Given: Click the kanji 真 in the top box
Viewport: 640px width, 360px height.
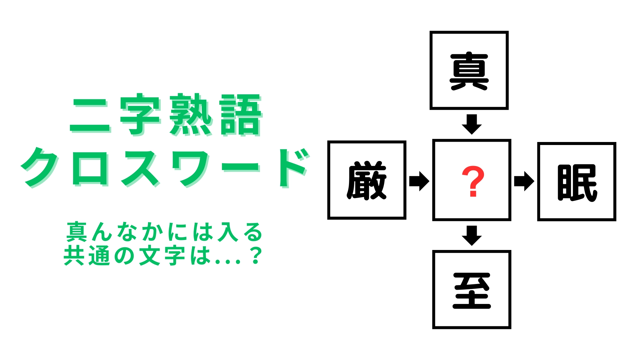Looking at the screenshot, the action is coord(469,71).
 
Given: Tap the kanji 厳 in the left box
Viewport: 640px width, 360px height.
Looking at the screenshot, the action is coord(367,180).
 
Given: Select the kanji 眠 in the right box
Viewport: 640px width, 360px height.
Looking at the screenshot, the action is coord(577,182).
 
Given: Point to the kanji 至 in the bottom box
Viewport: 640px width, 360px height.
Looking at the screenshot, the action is coord(472,290).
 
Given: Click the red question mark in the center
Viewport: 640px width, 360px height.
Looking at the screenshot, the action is coord(472,181).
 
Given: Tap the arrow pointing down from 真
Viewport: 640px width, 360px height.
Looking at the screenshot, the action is coord(472,124).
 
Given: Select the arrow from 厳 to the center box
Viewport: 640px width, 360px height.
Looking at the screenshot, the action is coord(419,181).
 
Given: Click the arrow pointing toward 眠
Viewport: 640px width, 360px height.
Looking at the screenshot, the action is coord(524,181).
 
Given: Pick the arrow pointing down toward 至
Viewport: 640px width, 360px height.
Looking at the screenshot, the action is coord(472,236).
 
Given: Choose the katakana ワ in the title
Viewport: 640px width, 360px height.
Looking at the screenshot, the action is coord(193,167).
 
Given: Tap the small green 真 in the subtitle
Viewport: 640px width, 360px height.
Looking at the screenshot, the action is coord(77,232).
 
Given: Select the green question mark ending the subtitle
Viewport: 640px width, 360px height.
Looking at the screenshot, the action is coord(256,256).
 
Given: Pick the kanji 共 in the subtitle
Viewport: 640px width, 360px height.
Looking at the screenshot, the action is coord(74,256).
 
